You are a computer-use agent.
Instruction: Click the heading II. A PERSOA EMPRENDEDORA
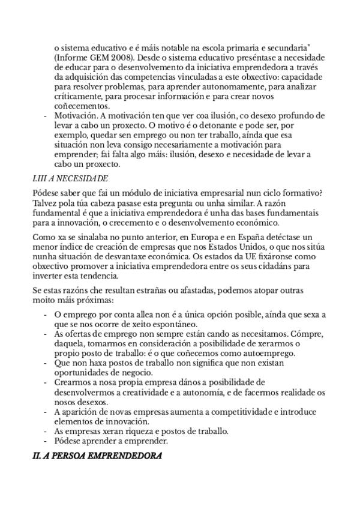(97, 456)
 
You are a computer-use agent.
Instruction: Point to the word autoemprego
(254, 354)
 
